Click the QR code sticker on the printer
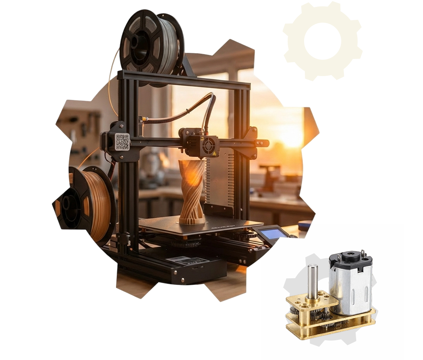[x=122, y=142]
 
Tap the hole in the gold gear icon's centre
[x=323, y=41]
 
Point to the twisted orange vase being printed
[x=192, y=190]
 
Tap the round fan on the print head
[x=209, y=145]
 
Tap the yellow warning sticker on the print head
[x=214, y=154]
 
